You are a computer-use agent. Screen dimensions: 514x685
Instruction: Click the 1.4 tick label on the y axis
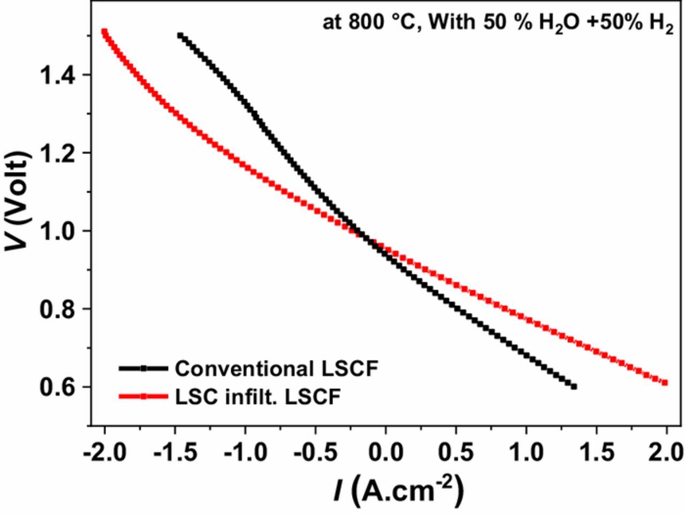tap(58, 75)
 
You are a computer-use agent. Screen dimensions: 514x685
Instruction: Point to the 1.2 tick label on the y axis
tap(58, 153)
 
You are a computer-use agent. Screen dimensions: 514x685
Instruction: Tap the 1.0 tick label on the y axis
tap(58, 231)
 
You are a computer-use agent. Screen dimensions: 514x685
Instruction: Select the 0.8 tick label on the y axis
tap(58, 309)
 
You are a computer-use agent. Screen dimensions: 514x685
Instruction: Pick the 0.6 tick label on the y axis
tap(58, 387)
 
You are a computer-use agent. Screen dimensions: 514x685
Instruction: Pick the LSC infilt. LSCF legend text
tap(258, 397)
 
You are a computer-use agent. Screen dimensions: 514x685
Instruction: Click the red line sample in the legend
tap(143, 397)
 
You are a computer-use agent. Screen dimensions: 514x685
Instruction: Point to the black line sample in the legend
tap(143, 368)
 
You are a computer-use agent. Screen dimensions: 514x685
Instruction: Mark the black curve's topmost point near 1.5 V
tap(180, 35)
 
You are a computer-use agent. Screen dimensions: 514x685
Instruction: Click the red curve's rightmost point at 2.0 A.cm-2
tap(665, 382)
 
